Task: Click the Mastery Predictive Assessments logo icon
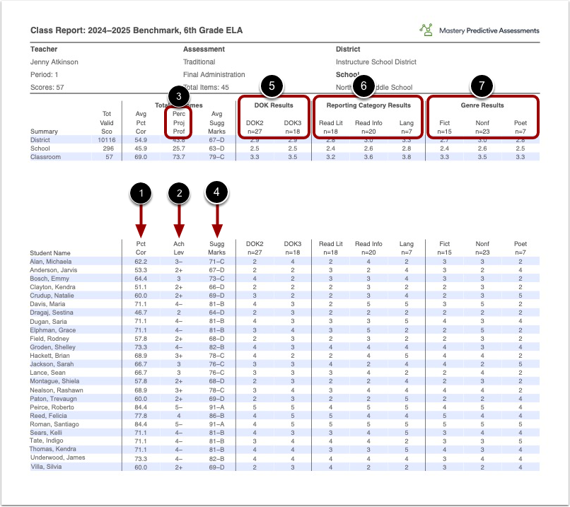coord(426,30)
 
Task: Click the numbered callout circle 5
coord(272,86)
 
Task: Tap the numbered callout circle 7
coord(482,86)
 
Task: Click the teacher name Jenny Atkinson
coord(54,62)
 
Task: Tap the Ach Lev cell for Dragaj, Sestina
coord(179,312)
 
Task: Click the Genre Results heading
coord(482,105)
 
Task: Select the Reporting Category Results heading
coord(368,105)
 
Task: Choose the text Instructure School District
coord(376,62)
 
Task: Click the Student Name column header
coord(50,252)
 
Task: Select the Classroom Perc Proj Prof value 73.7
coord(179,157)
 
